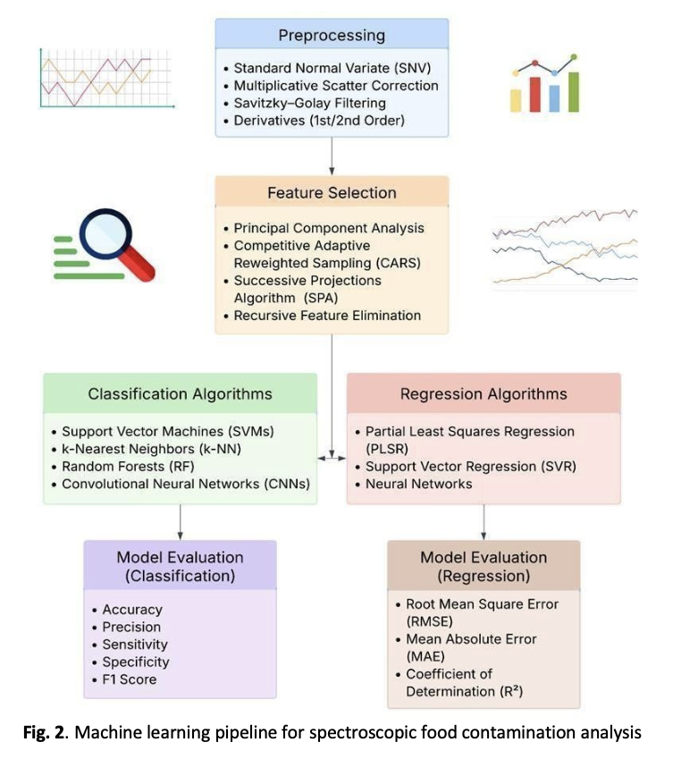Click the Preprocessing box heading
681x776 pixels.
(332, 36)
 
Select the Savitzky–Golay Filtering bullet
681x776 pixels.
(309, 103)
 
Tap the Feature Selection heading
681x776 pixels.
(332, 192)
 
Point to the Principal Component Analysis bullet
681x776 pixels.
(329, 228)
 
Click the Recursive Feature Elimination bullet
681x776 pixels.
(327, 315)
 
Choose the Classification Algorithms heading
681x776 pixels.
(180, 393)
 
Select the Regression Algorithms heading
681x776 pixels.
(483, 393)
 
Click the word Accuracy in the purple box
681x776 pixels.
(132, 610)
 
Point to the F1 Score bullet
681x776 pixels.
(130, 679)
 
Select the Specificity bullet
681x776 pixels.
(135, 662)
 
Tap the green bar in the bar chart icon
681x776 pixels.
(573, 89)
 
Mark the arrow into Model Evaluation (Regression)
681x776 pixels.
(483, 521)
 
